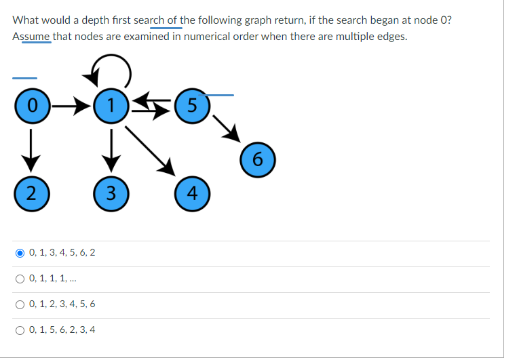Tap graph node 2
[28, 192]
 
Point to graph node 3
[109, 192]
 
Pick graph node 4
[193, 192]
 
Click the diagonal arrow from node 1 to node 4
[151, 148]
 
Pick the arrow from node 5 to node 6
[225, 129]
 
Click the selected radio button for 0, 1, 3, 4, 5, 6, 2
[20, 253]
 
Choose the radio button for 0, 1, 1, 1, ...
[20, 278]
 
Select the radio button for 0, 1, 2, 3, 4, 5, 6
[20, 304]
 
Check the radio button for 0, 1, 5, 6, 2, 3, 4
[20, 330]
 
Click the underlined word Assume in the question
[31, 36]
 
